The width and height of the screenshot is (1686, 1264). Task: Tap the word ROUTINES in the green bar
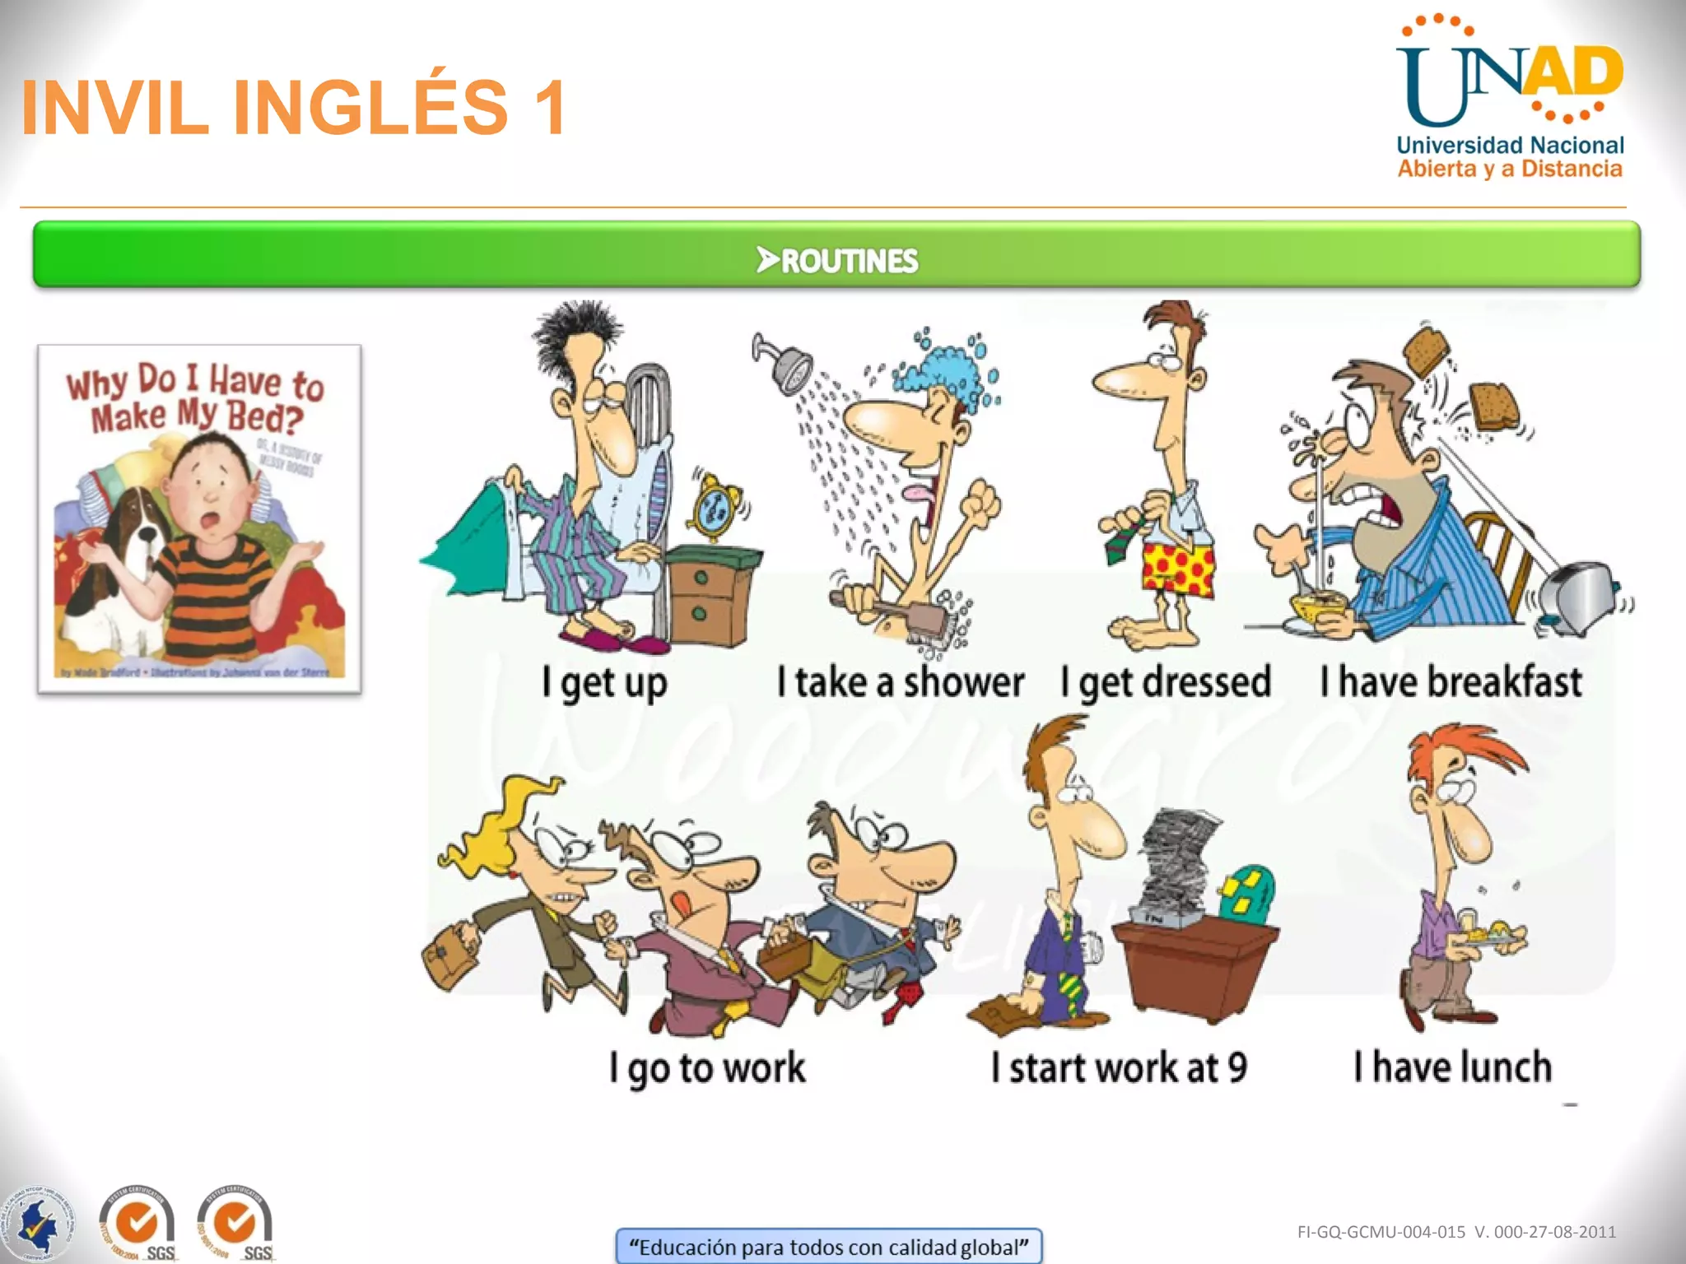[848, 261]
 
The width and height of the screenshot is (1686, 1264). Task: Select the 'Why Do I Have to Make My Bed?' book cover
[199, 519]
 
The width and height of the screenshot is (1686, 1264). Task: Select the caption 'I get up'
[603, 683]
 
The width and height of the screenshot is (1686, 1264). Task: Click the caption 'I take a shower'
[901, 683]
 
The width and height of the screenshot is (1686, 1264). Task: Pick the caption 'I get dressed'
[1166, 683]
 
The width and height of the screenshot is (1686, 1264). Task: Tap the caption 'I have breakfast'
[1451, 683]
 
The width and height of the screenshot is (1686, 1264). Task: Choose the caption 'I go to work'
[707, 1068]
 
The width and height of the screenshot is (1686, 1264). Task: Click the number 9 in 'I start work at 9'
[1237, 1068]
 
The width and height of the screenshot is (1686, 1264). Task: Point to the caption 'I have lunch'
[1453, 1067]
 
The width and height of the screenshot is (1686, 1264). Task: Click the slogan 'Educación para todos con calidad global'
[828, 1247]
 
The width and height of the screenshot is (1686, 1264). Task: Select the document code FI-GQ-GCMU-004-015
[1381, 1232]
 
